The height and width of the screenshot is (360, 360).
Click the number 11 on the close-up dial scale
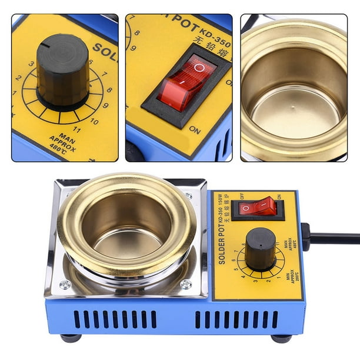click(x=76, y=129)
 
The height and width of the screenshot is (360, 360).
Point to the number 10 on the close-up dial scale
click(x=94, y=121)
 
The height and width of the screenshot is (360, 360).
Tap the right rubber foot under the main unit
click(x=281, y=338)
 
